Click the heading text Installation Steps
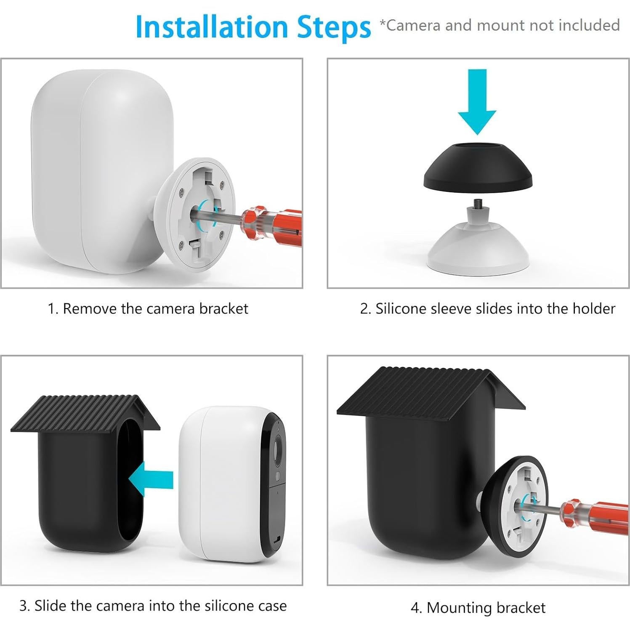point(253,27)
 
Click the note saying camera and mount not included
point(500,25)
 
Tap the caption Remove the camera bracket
point(148,309)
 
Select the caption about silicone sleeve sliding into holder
point(488,309)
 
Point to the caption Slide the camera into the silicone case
point(153,606)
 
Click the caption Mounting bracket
point(478,608)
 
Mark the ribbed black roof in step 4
point(431,391)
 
